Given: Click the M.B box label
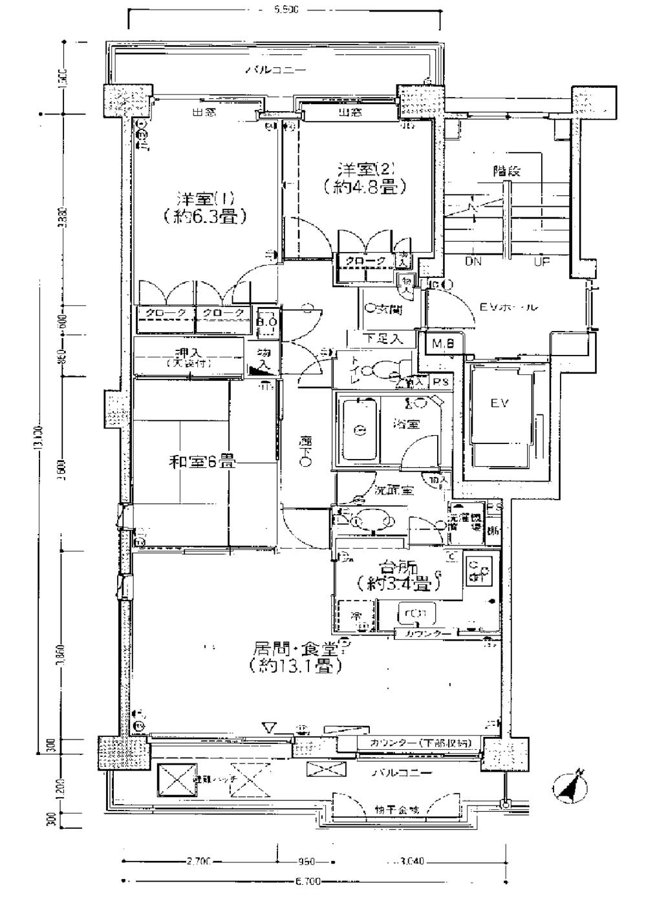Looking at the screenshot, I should click(x=444, y=344).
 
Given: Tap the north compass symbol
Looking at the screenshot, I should click(x=569, y=786).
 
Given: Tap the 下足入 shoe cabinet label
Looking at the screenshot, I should click(x=382, y=337).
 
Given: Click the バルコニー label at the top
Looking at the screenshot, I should click(x=275, y=70).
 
